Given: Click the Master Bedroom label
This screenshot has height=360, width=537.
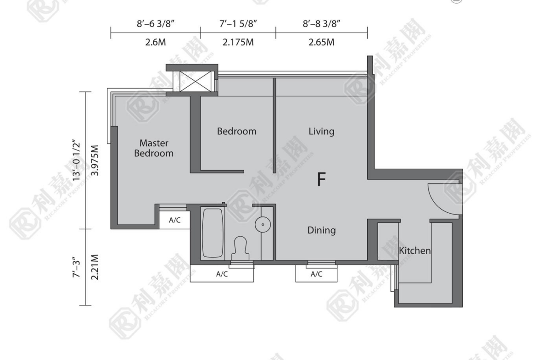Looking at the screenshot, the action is point(154,148).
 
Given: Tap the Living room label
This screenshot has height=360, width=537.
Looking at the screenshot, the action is point(321,132).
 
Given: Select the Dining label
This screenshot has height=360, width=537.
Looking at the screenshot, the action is point(321,230).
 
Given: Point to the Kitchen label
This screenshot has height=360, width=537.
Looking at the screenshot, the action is point(415,250).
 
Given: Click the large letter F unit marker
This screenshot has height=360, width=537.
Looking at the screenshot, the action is point(321,179).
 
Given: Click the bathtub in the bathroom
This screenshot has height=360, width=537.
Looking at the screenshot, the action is point(213,233).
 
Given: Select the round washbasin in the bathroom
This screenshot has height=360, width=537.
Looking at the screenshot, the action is point(263,225).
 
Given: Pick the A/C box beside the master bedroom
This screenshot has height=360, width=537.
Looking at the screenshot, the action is point(175,220).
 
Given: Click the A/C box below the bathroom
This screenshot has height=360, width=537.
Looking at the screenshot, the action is point(222,274).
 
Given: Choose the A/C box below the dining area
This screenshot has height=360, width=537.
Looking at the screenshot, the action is point(316,274).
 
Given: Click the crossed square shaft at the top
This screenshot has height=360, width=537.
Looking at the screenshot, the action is point(196,82).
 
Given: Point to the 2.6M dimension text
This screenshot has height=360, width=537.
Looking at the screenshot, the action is point(156,43).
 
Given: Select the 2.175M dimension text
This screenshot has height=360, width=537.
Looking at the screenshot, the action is point(238,43).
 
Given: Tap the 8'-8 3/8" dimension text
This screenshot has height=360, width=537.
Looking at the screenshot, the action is point(322,23).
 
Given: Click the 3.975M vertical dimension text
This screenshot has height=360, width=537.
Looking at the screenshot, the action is point(95,161).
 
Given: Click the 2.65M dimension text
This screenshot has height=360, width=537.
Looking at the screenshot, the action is point(322,43).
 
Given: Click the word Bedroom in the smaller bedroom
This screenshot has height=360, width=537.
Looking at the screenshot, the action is point(237,132).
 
